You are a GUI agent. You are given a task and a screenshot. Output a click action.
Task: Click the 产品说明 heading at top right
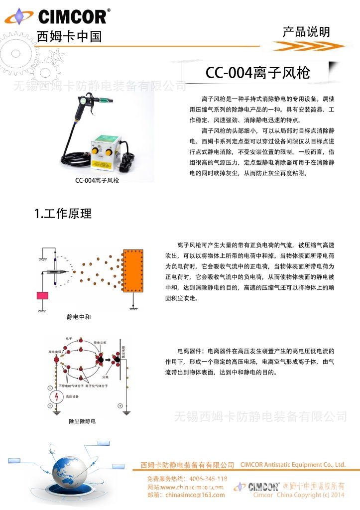pos(306,32)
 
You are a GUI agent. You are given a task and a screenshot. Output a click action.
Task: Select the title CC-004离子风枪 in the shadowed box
pos(258,73)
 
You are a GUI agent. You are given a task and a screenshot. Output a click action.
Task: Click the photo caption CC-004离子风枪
pos(97,181)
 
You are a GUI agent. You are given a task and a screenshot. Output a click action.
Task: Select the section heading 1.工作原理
pos(63,214)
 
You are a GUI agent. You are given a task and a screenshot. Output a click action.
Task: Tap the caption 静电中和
pos(79,317)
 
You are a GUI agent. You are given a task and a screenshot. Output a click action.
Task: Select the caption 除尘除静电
pos(82,421)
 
